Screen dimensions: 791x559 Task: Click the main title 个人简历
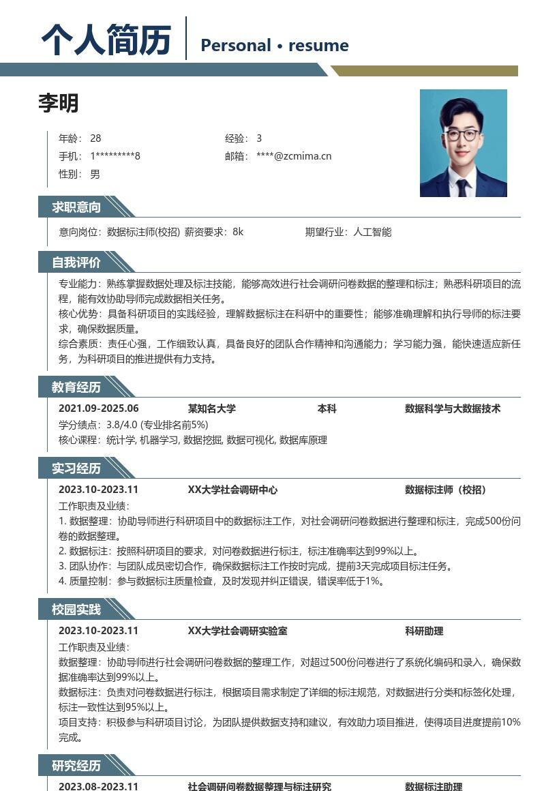(106, 40)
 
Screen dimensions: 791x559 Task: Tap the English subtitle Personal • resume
(274, 46)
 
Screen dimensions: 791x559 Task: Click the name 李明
(59, 103)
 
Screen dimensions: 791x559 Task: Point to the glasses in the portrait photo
(462, 134)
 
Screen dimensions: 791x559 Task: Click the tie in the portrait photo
(463, 186)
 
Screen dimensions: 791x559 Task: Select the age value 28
(95, 138)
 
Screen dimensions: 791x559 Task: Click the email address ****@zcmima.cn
(294, 156)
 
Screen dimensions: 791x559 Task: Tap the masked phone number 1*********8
(115, 156)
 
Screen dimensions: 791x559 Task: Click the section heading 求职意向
(76, 207)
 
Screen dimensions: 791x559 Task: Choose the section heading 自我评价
(76, 263)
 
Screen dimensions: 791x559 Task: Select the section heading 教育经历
(76, 387)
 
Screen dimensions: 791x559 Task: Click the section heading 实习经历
(76, 468)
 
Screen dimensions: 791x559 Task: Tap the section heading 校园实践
(76, 610)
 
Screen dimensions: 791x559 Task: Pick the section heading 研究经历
(76, 766)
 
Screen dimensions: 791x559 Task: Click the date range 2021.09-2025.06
(99, 408)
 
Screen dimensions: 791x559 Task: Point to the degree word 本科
(327, 408)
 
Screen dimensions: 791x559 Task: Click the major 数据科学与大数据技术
(453, 408)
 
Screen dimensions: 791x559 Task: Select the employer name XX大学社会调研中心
(232, 490)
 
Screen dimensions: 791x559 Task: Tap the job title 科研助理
(424, 631)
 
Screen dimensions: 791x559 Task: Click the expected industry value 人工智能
(372, 232)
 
